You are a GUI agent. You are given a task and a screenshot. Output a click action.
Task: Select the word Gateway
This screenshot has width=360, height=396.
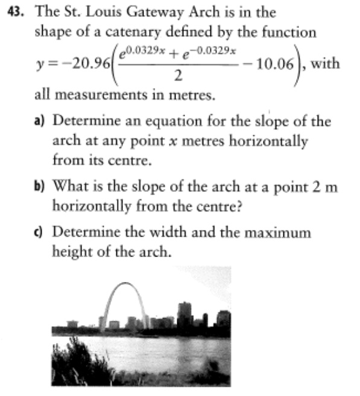tap(157, 11)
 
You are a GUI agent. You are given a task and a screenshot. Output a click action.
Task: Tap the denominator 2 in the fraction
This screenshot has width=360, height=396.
tap(177, 77)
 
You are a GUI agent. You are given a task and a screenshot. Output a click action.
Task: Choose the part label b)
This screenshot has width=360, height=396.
tap(40, 187)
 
